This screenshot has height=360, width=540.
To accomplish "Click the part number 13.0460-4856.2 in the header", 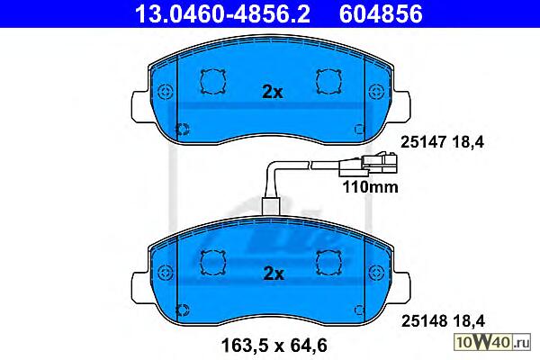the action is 222,14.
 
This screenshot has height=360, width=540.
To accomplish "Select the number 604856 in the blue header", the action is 381,14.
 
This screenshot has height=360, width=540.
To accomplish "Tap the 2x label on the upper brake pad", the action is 273,92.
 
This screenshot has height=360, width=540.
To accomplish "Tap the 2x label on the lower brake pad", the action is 274,274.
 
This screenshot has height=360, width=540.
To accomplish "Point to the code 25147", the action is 424,142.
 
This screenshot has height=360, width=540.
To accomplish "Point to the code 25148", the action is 425,321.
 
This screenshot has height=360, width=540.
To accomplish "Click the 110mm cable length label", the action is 370,187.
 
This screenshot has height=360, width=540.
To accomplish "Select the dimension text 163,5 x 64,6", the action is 274,346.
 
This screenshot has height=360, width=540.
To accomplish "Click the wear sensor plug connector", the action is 368,165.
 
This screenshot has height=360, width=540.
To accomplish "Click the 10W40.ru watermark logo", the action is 492,342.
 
